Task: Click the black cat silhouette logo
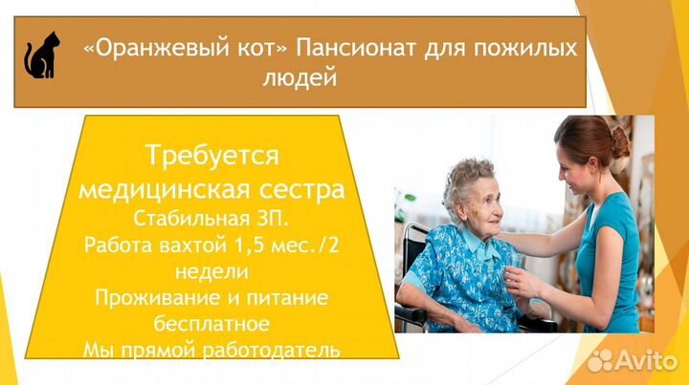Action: tap(42, 55)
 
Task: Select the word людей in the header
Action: tap(300, 78)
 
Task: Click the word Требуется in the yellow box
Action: tap(211, 156)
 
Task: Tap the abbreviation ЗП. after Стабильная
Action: tap(272, 219)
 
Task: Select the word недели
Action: tap(211, 271)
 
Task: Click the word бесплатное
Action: tap(211, 324)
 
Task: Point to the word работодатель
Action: tap(272, 351)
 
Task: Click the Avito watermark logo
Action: tap(633, 360)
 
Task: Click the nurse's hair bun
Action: tap(620, 141)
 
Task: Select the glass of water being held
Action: tap(514, 268)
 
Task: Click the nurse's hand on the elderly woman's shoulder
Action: tap(504, 238)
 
